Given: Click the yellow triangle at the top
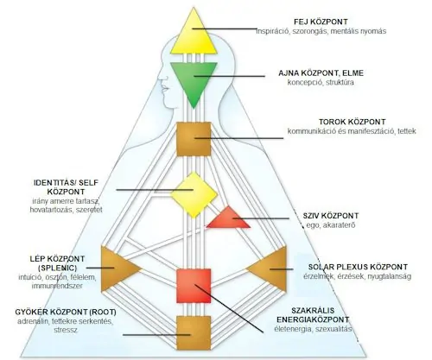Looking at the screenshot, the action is (x=194, y=36).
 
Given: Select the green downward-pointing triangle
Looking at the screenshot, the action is (x=194, y=80).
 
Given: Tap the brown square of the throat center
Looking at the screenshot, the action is (x=194, y=139).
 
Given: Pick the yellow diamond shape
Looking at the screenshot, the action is (x=194, y=195).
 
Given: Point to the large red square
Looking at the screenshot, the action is (x=194, y=286).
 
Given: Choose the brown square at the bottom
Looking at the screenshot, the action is (x=194, y=333).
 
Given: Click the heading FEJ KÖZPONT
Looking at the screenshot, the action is (x=321, y=22).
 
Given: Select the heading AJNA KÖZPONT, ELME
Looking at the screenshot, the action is (x=321, y=73).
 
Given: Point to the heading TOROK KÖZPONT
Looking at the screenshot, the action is (x=352, y=122).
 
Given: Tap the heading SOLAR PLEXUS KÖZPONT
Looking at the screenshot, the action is (x=358, y=267).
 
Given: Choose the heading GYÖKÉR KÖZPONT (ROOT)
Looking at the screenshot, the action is (x=66, y=312).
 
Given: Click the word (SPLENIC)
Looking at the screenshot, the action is (x=58, y=268).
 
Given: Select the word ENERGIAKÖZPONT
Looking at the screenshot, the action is (x=313, y=319).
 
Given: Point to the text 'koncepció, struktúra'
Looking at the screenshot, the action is (x=321, y=82).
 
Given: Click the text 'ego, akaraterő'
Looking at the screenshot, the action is (x=331, y=225).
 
